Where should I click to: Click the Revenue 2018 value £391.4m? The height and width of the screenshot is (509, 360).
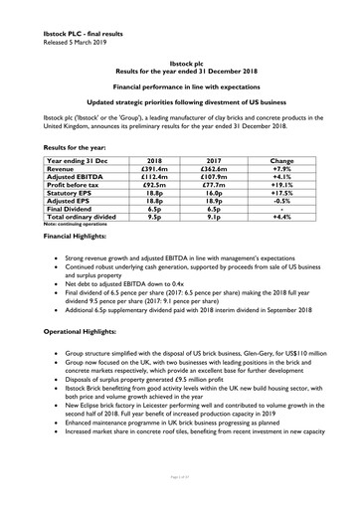click(154, 170)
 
